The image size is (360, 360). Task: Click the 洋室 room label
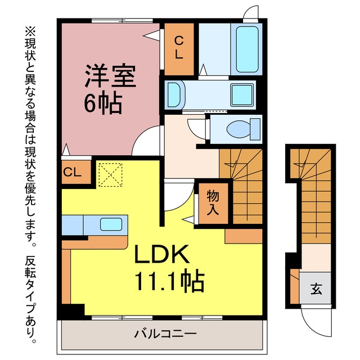pyautogui.click(x=110, y=76)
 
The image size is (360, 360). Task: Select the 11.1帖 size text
pyautogui.click(x=169, y=281)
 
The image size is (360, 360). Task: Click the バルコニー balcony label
pyautogui.click(x=165, y=334)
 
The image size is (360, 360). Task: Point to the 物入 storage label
pyautogui.click(x=213, y=203)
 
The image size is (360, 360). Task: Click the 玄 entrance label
pyautogui.click(x=316, y=289)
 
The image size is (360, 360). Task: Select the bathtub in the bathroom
pyautogui.click(x=247, y=49)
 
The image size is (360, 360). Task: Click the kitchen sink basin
pyautogui.click(x=111, y=224)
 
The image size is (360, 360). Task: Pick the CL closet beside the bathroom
pyautogui.click(x=179, y=49)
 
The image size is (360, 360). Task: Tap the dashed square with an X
pyautogui.click(x=110, y=175)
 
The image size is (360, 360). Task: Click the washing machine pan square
pyautogui.click(x=242, y=95)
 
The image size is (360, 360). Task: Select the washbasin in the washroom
pyautogui.click(x=175, y=95)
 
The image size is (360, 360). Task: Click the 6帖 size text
pyautogui.click(x=103, y=103)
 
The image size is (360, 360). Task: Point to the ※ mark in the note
pyautogui.click(x=30, y=31)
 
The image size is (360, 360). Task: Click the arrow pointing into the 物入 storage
pyautogui.click(x=188, y=219)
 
